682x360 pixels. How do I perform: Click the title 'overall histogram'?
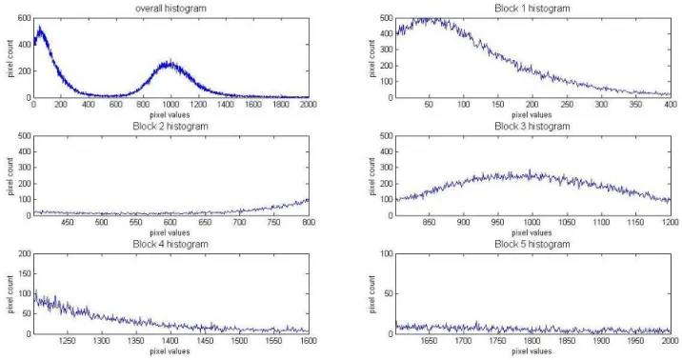tap(170, 9)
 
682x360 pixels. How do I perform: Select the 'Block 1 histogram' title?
tap(532, 9)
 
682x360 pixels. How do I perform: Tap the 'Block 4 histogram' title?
tap(170, 244)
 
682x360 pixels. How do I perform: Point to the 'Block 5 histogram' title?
tap(532, 244)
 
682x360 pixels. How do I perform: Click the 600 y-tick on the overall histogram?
tap(25, 18)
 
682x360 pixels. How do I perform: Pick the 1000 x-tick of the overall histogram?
tap(170, 105)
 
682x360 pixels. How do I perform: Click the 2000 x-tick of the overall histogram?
tap(309, 105)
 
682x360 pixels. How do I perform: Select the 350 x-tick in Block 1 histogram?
tap(635, 105)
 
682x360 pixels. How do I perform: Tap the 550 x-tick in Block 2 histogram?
tap(136, 222)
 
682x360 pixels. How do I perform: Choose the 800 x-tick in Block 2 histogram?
tap(309, 222)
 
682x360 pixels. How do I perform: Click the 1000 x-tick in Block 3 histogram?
tap(532, 222)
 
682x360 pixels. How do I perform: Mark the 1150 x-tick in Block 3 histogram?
tap(635, 222)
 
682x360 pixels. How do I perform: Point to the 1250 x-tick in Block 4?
tap(68, 340)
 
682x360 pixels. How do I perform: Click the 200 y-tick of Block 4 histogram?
tap(25, 254)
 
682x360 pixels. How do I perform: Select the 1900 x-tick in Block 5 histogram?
tap(601, 340)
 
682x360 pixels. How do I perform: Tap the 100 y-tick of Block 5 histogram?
tap(387, 254)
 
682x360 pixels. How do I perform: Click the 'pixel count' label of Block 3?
tap(371, 175)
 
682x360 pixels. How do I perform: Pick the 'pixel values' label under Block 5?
tap(532, 350)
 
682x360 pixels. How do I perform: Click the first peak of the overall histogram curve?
tap(40, 26)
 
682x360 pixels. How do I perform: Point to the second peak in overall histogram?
tap(170, 59)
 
